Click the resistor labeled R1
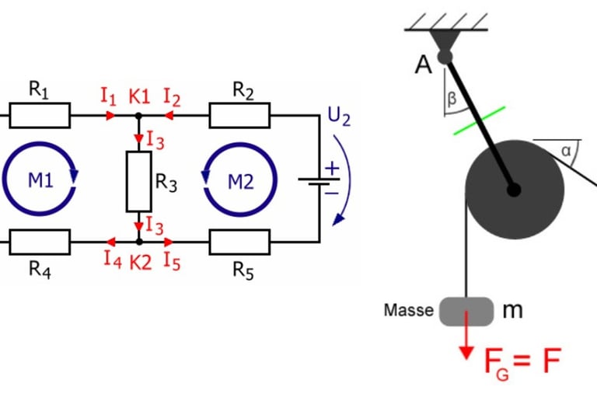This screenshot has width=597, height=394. [40, 116]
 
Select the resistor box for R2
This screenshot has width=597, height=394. [239, 116]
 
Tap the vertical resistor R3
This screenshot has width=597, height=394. [138, 182]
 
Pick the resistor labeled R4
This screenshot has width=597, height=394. [40, 242]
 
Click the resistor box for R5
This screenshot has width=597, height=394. [239, 242]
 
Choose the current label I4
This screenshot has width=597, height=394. [112, 260]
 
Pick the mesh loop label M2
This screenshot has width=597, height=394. [240, 181]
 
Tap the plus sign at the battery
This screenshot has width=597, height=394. [332, 168]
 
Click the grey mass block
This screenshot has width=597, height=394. [467, 311]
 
